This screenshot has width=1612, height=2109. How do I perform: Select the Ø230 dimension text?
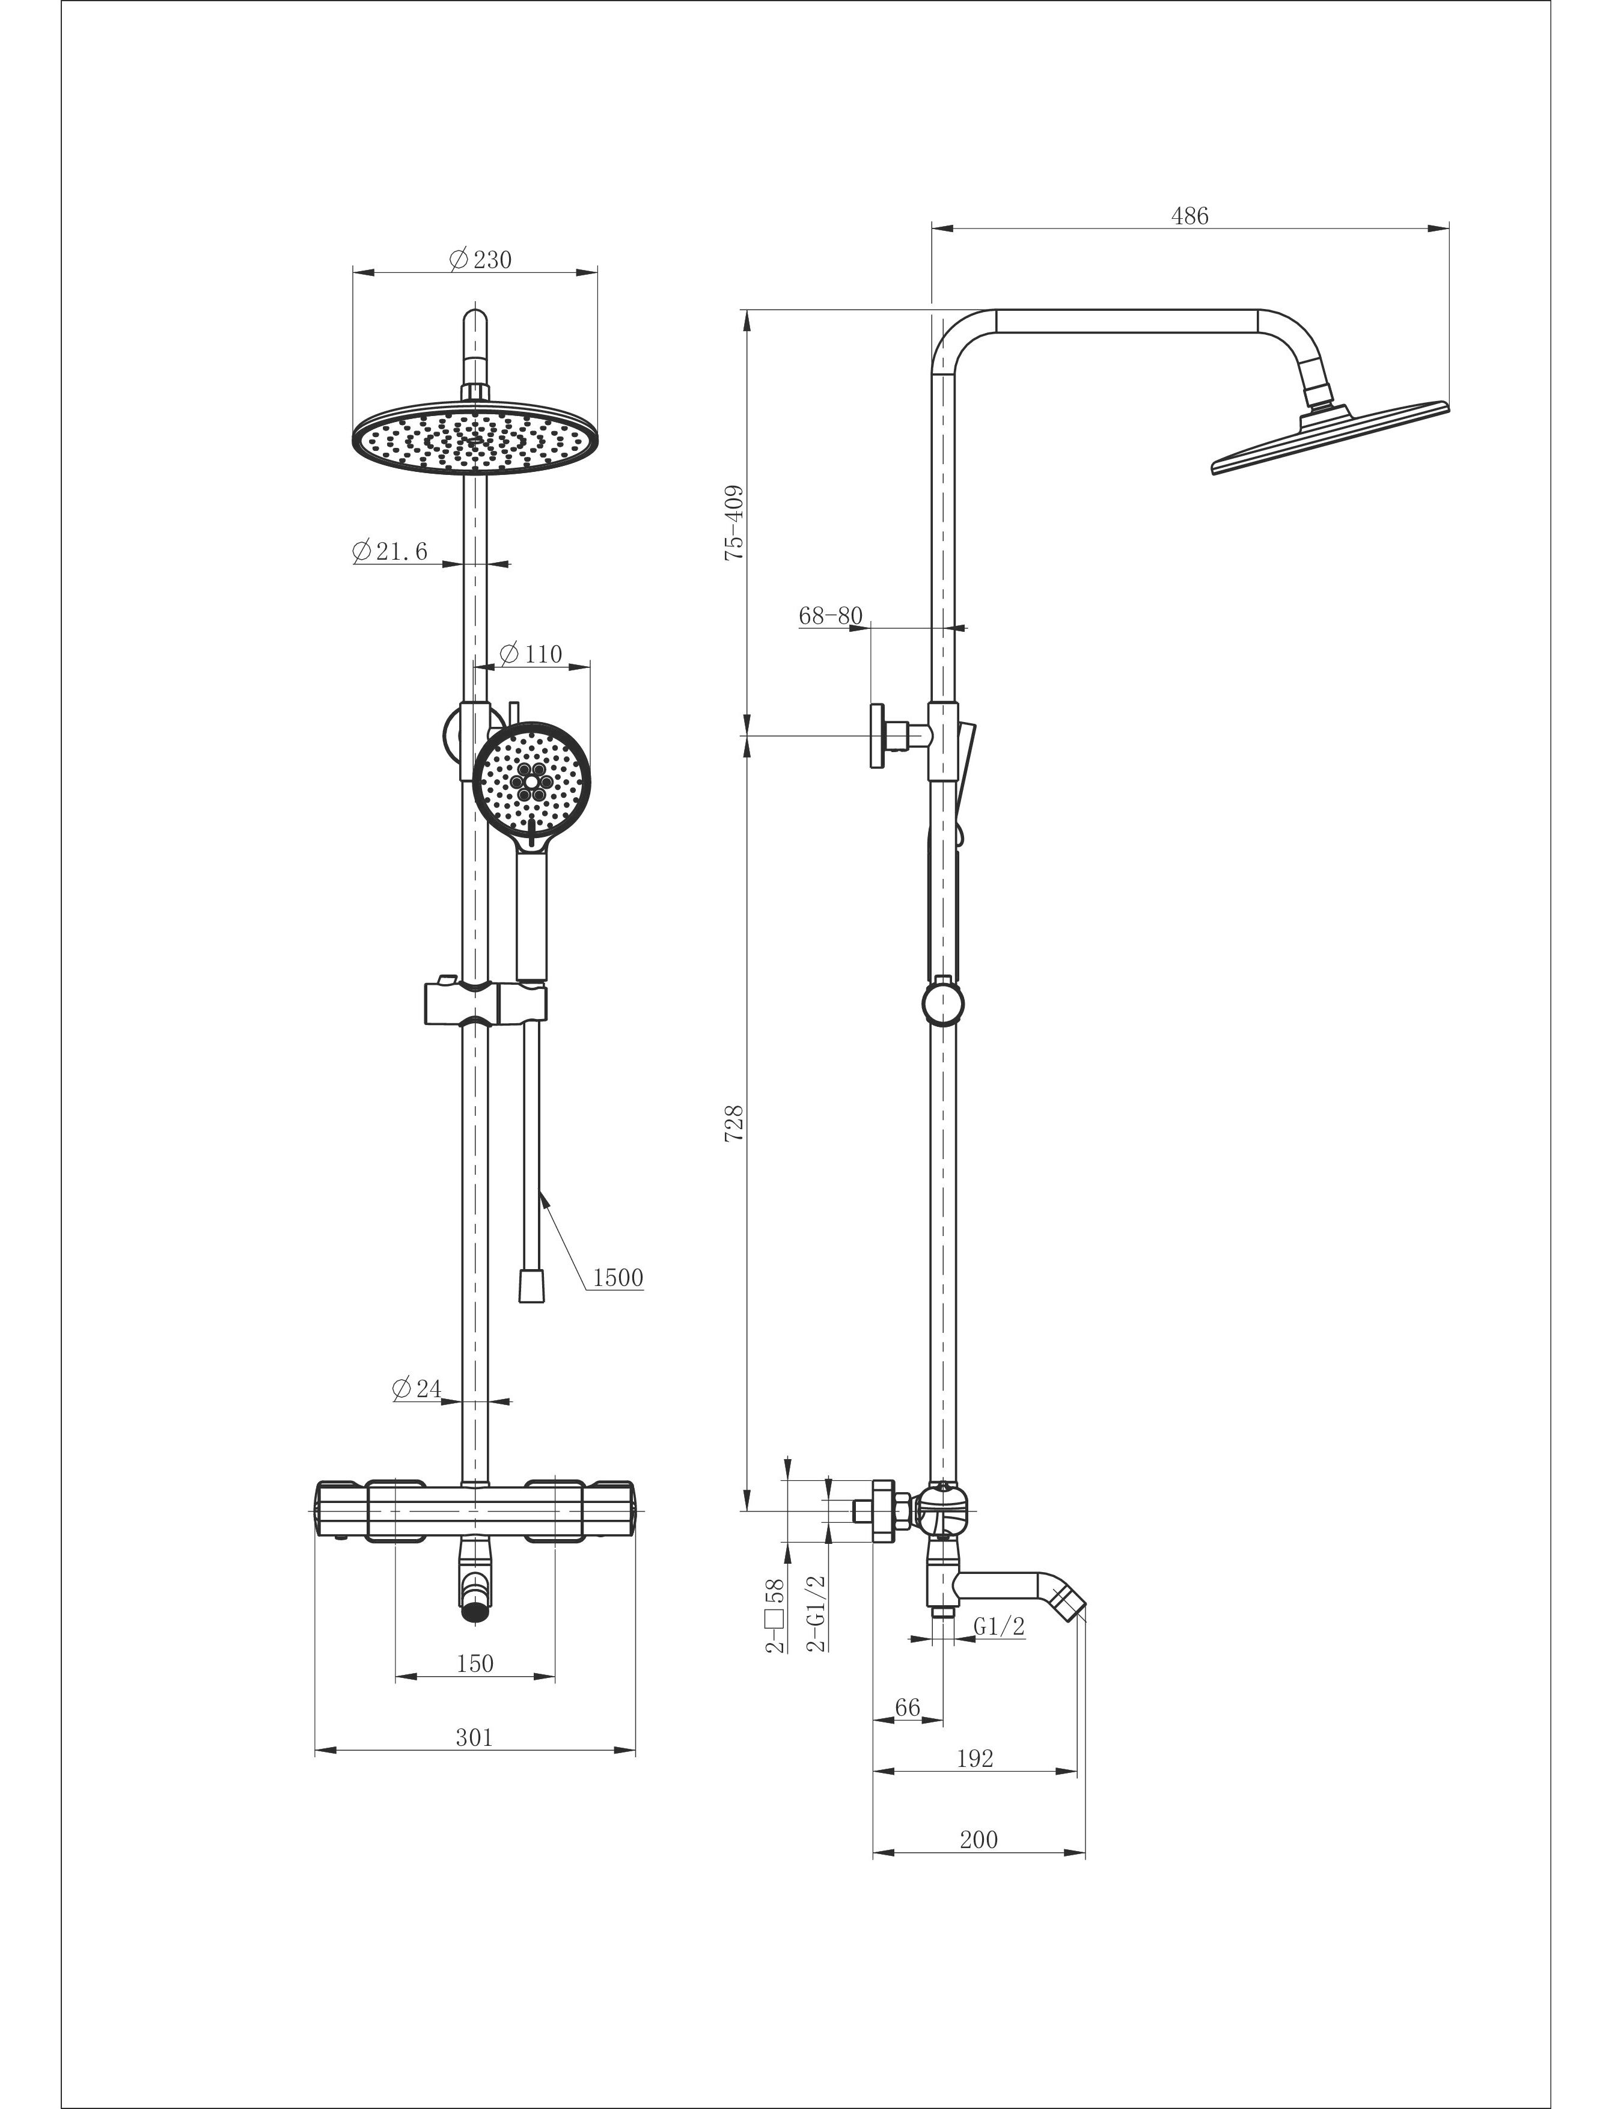point(481,259)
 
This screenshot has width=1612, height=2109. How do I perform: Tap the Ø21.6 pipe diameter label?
point(389,551)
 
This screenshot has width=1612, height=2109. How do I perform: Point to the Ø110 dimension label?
point(531,654)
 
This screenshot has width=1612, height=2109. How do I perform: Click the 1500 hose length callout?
point(618,1277)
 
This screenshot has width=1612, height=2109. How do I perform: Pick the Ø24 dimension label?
point(417,1388)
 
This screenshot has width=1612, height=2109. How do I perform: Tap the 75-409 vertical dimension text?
point(734,523)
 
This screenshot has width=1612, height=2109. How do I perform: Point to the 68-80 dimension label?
point(831,615)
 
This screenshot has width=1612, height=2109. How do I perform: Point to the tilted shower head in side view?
point(1330,436)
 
